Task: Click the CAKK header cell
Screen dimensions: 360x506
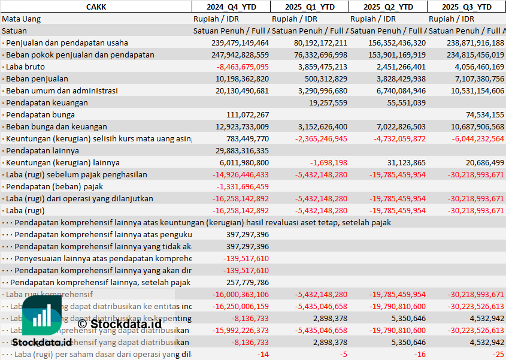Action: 96,7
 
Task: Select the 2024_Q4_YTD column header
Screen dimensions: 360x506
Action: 231,7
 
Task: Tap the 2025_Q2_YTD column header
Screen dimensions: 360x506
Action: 388,7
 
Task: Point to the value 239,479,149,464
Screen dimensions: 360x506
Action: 240,43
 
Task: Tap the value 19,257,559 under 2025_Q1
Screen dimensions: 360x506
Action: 328,102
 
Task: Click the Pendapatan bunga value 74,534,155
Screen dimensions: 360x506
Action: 484,114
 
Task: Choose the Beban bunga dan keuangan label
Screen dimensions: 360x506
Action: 56,126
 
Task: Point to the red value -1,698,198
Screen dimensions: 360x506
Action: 328,162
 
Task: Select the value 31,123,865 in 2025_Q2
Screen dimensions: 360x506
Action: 406,162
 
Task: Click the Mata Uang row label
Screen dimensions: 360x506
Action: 22,19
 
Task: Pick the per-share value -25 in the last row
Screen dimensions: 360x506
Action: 498,354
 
